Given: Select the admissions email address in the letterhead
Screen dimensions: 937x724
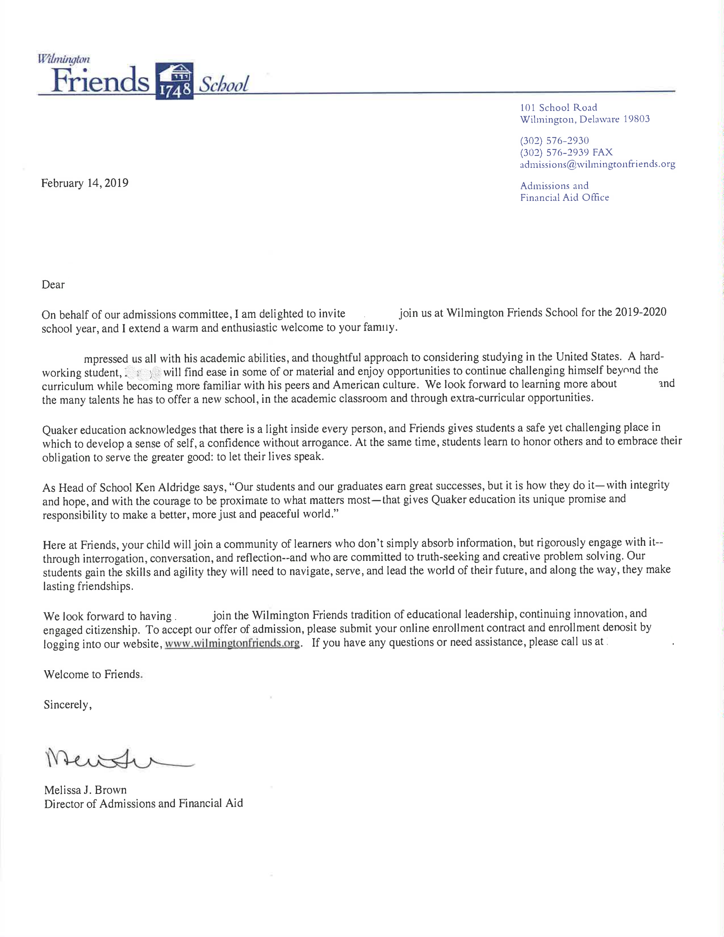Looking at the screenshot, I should point(597,164).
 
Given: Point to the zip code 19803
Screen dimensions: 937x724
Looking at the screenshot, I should point(636,119).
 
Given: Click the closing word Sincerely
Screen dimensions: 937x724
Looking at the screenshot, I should point(67,705).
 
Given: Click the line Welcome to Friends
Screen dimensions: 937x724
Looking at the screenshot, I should point(92,674).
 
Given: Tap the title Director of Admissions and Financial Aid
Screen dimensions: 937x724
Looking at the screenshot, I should point(143,804).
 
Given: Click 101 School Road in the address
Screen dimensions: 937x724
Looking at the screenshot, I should point(558,107).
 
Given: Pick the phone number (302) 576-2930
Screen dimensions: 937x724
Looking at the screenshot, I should point(554,140).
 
